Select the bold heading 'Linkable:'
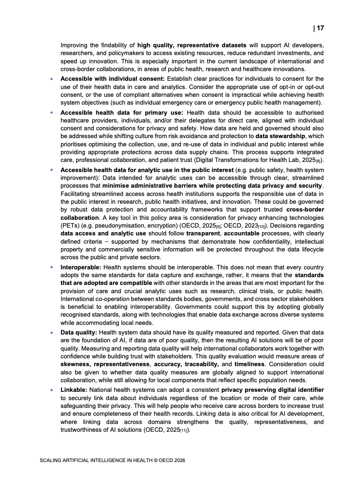[x=74, y=390]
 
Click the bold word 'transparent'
[x=203, y=233]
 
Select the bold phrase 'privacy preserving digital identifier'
[x=273, y=390]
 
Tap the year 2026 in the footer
[x=178, y=460]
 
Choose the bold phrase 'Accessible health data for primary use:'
[x=122, y=112]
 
